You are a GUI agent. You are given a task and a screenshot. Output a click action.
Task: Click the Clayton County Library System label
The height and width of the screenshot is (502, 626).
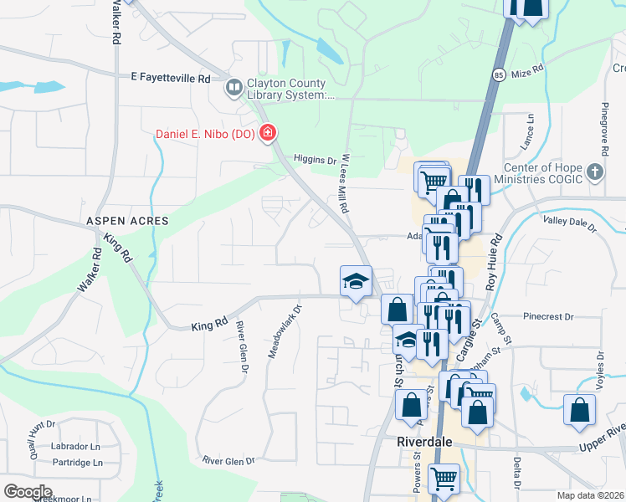click(291, 90)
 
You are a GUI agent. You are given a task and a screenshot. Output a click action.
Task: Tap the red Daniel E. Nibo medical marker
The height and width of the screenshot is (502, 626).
click(268, 134)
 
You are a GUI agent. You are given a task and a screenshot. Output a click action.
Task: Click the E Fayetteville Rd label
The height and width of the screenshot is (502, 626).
click(171, 78)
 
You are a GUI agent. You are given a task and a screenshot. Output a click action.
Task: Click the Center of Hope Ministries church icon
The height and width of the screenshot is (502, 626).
click(594, 173)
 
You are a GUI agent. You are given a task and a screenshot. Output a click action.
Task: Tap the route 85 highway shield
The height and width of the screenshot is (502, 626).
click(498, 74)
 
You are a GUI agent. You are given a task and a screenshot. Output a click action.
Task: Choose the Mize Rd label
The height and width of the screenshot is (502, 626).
click(527, 68)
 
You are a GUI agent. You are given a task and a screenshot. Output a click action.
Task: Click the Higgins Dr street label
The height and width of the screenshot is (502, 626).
click(314, 159)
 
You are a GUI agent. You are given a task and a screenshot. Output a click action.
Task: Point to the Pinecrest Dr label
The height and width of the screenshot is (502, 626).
click(547, 317)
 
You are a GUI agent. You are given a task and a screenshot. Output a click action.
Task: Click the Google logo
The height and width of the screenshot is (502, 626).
click(28, 491)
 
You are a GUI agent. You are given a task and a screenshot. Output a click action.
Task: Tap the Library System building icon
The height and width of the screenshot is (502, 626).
click(233, 86)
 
